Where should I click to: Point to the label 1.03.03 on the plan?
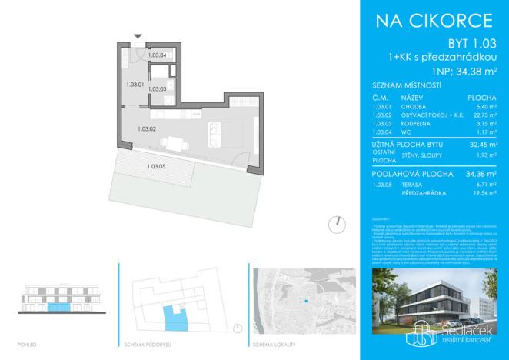(x=158, y=89)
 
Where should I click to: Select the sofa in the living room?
(x=212, y=134)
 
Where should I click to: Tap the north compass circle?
(x=335, y=224)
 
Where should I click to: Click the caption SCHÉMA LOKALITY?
(x=274, y=343)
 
